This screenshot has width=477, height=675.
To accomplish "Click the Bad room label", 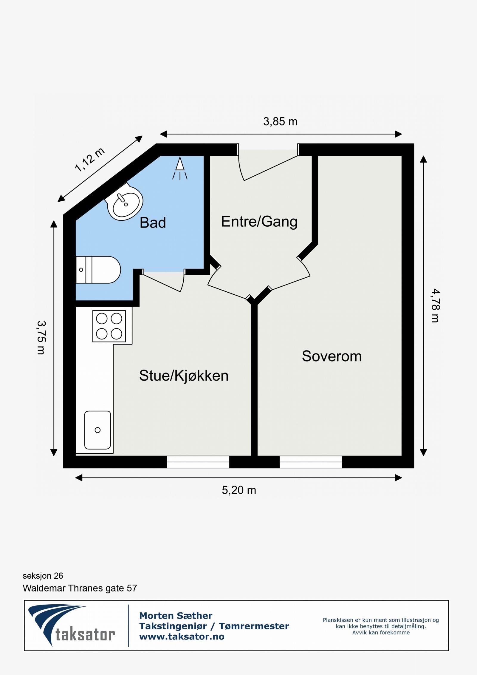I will (x=153, y=223).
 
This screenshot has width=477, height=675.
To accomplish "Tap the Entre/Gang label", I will (x=259, y=222).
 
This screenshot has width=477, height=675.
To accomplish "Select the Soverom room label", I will (x=332, y=356).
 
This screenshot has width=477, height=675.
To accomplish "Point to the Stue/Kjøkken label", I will (x=184, y=376).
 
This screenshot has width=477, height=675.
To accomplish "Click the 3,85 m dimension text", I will (x=280, y=122).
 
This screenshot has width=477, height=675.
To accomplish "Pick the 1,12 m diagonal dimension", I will (x=90, y=160).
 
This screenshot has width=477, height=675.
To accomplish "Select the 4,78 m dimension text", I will (x=435, y=305).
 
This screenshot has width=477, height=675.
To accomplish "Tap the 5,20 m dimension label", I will (x=239, y=490).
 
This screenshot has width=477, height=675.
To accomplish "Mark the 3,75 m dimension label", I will (x=41, y=337).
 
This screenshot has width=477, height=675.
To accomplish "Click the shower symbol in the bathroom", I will (x=180, y=168).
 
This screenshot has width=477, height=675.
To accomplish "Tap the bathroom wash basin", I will (x=124, y=202).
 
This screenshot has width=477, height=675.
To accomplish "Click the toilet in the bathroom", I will (x=98, y=270).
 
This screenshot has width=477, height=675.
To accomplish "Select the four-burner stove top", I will (x=109, y=326).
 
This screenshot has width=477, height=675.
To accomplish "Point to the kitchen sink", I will (x=97, y=430).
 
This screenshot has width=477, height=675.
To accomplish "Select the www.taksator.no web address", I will (x=182, y=637).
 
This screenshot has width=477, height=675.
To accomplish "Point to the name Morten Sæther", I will (x=176, y=615).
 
